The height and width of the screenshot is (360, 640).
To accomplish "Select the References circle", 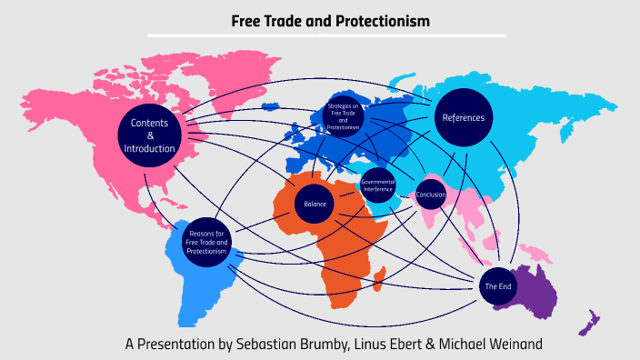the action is click(x=464, y=117).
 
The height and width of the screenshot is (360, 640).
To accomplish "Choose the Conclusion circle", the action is click(x=430, y=193).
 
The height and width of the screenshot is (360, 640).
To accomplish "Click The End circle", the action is click(x=496, y=285).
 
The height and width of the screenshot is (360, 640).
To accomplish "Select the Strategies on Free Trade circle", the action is click(x=343, y=117).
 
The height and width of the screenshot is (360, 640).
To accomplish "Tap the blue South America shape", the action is click(x=195, y=282).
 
